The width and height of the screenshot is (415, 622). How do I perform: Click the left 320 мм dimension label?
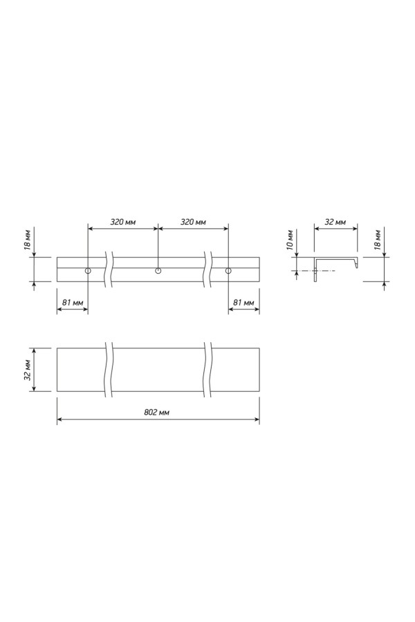(x=122, y=222)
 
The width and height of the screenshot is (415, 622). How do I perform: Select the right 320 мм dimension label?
(x=193, y=222)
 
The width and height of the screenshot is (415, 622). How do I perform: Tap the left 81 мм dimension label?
(x=73, y=303)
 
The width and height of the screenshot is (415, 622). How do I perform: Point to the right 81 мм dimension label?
(x=243, y=303)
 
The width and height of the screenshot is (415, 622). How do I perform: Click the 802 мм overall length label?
(x=156, y=412)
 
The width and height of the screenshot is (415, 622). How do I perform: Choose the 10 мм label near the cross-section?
(x=290, y=240)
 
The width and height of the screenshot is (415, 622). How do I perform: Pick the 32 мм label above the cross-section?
(x=335, y=222)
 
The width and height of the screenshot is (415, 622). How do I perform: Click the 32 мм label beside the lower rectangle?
(x=28, y=370)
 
